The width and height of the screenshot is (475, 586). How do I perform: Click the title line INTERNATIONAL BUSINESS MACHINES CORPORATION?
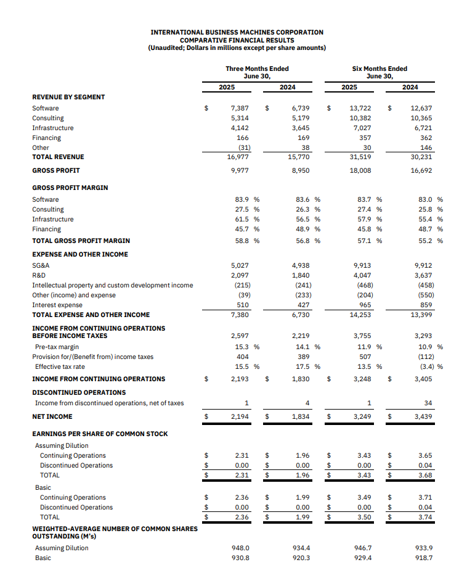point(237,32)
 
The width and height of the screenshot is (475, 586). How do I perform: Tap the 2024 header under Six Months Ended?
point(410,87)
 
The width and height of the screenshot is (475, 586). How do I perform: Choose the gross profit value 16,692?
point(422,170)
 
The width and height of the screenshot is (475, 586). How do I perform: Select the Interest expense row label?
point(57,304)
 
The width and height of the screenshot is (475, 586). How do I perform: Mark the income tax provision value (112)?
point(424,357)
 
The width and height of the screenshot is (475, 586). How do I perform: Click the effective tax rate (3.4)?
point(425,366)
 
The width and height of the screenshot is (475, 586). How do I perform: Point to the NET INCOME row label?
point(52,417)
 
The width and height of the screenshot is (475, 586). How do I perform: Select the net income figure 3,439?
point(422,417)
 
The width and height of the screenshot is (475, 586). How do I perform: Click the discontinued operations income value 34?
point(428,403)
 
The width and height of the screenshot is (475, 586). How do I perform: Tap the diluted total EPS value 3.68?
point(425,475)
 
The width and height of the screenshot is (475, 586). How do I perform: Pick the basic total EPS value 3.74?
point(425,517)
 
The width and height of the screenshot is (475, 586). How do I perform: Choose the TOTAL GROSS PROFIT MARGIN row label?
point(81,241)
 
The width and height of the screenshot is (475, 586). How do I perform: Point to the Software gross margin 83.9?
point(243,199)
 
